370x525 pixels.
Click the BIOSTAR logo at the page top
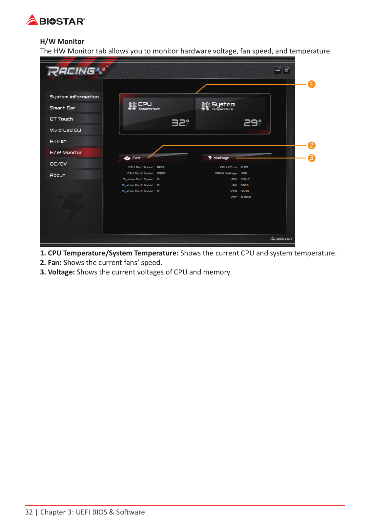(x=55, y=21)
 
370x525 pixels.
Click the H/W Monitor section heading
(x=62, y=42)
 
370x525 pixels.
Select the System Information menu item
(x=74, y=97)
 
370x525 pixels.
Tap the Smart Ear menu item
(x=63, y=108)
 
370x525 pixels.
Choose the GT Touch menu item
(x=61, y=119)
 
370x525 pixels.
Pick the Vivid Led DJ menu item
(x=65, y=130)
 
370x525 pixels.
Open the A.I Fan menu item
(x=58, y=141)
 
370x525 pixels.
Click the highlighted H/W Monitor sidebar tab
(x=66, y=152)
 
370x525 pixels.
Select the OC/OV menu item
(x=58, y=164)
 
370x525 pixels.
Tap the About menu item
(x=57, y=175)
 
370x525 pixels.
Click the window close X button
(x=286, y=70)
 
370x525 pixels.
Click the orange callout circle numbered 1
(x=311, y=84)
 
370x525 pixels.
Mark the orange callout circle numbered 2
(x=311, y=145)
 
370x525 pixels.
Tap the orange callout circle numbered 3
(x=311, y=158)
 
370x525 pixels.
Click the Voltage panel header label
(x=221, y=158)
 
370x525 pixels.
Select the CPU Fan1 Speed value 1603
(x=161, y=167)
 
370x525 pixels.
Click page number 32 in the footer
(x=29, y=512)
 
